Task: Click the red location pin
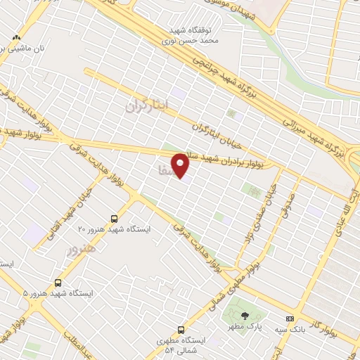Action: (181, 166)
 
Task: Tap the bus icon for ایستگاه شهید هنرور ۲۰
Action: (115, 219)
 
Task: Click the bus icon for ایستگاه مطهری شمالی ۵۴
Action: (181, 329)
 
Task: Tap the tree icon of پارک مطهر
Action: (245, 317)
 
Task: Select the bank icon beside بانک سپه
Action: (290, 319)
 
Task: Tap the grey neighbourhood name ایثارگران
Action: (148, 105)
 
